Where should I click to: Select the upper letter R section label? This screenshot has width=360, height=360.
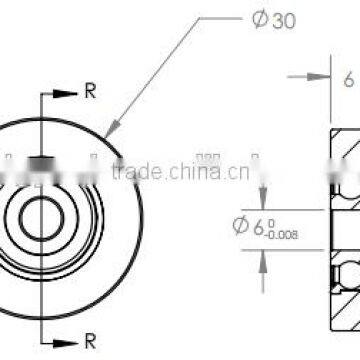[90, 92]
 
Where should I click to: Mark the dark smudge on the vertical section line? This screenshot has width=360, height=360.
[40, 162]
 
